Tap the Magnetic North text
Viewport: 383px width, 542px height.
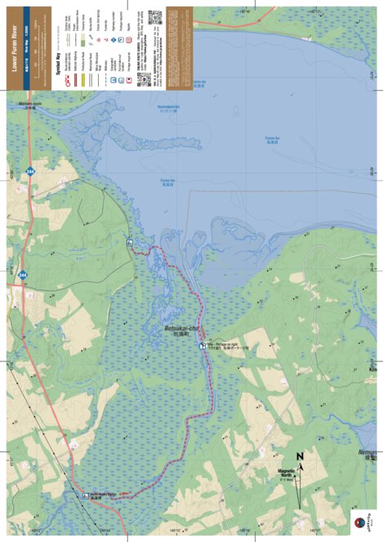pos(286,473)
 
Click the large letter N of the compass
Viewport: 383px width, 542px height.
pos(300,456)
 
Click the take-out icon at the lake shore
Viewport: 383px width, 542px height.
pos(130,243)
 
